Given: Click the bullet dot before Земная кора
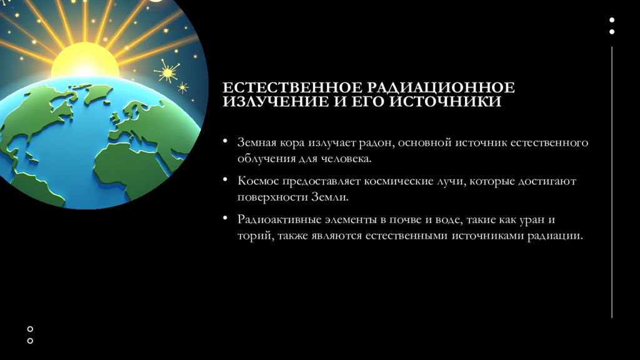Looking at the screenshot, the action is pyautogui.click(x=225, y=141).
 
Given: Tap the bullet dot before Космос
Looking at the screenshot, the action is pyautogui.click(x=225, y=179).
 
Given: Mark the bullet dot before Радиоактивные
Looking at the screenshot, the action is pyautogui.click(x=225, y=218).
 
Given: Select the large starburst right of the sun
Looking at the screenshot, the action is pyautogui.click(x=167, y=71).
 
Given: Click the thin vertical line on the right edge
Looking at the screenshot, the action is pyautogui.click(x=612, y=182).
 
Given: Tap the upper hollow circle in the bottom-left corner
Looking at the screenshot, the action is pyautogui.click(x=30, y=329).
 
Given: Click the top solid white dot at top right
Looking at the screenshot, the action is pyautogui.click(x=612, y=19).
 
